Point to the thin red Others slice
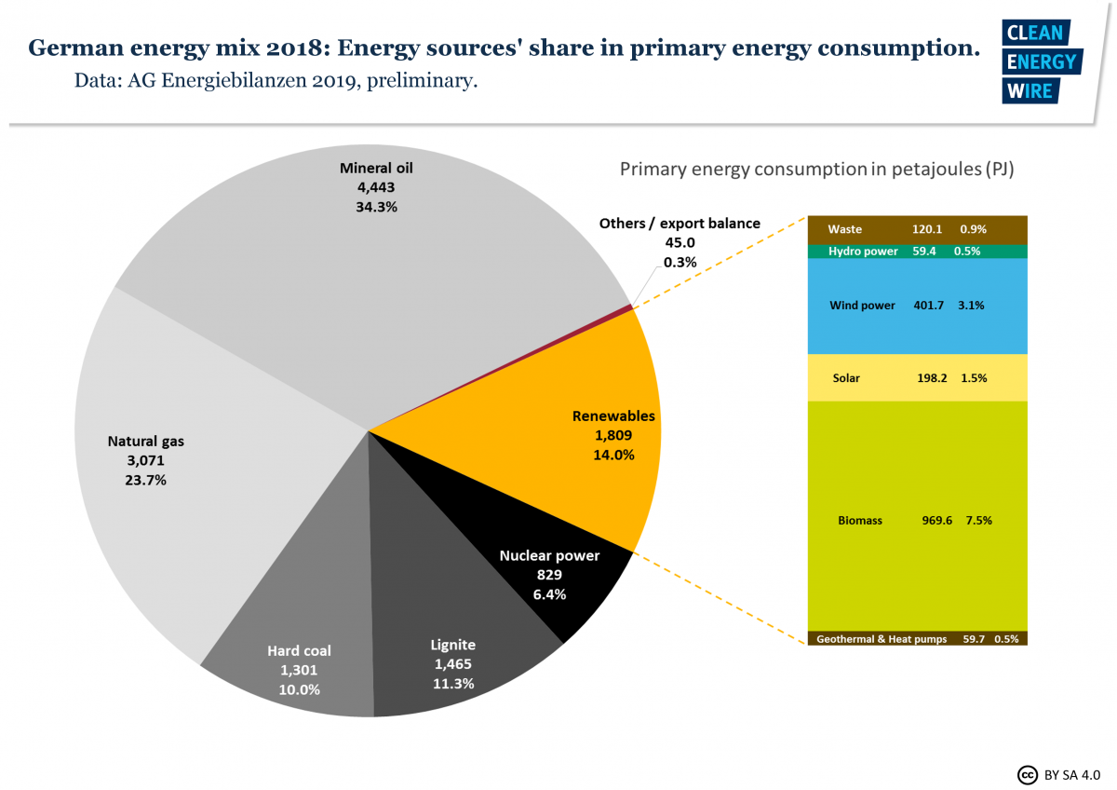(x=631, y=306)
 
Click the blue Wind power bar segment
(x=917, y=306)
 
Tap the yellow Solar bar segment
(x=917, y=378)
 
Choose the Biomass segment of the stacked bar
(x=917, y=520)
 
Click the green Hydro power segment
(x=917, y=252)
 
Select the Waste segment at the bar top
(x=917, y=229)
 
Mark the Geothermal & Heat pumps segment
(x=917, y=639)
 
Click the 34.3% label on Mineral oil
(x=376, y=207)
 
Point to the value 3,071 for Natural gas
(x=145, y=460)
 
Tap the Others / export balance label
(x=680, y=224)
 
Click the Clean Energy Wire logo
(x=1041, y=61)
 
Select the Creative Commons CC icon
(x=1028, y=774)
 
